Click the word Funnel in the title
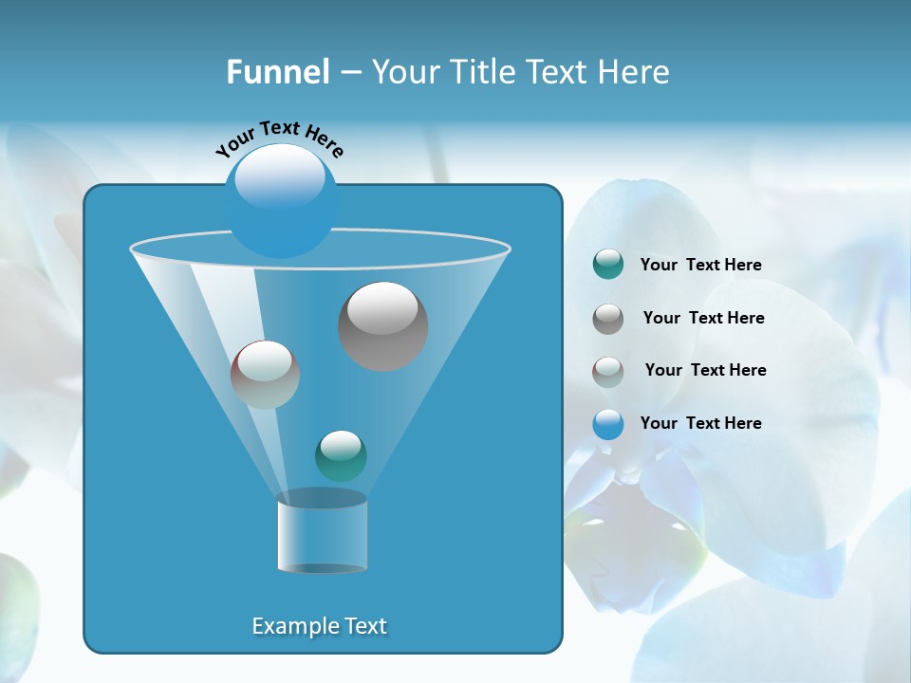tap(278, 71)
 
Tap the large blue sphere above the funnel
tap(280, 200)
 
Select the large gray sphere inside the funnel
tap(382, 326)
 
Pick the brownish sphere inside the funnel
tap(265, 375)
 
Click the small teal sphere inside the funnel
tap(341, 456)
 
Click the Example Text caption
tap(319, 626)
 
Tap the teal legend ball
tap(608, 265)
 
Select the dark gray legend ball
tap(608, 318)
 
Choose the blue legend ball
tap(608, 424)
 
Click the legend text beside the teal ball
tap(700, 266)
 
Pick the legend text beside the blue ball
tap(700, 423)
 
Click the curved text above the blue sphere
tap(280, 137)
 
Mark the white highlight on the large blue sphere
tap(280, 175)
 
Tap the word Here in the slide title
tap(633, 71)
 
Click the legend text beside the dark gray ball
tap(703, 318)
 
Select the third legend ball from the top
tap(608, 371)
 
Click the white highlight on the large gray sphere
tap(382, 307)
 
